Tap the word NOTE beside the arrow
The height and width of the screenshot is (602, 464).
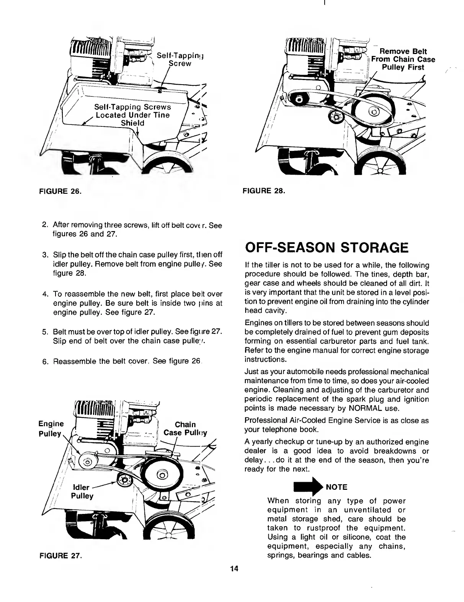(337, 487)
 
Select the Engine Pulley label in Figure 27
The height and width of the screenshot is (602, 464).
(51, 429)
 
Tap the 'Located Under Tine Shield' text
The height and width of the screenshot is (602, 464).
(132, 119)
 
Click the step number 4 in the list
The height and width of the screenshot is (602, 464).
(45, 294)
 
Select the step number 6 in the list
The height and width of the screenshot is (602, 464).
(45, 361)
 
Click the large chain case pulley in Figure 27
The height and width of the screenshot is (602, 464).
(161, 476)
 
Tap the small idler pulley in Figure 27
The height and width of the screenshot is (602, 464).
(124, 479)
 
